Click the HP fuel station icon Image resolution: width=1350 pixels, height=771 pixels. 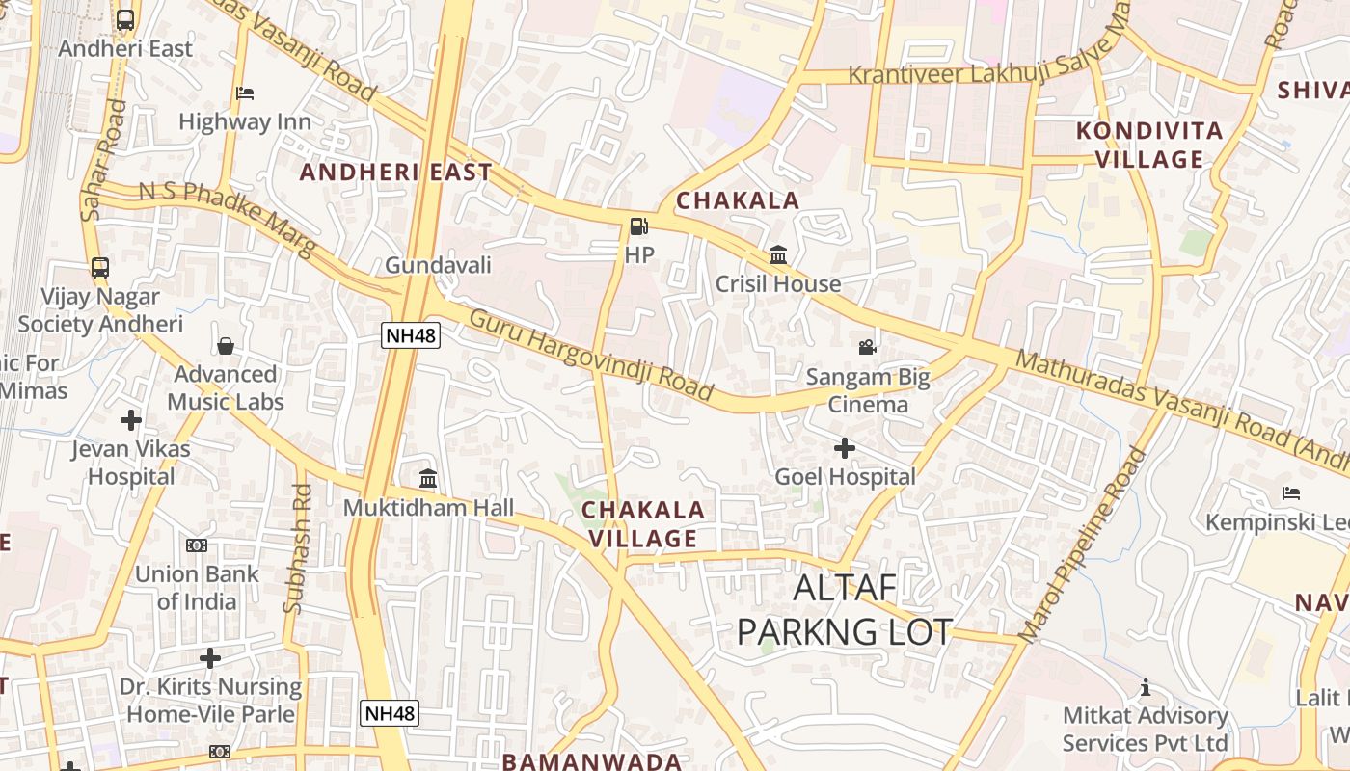638,227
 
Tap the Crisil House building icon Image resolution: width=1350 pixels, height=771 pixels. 777,255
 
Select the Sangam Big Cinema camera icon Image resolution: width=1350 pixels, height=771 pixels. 867,347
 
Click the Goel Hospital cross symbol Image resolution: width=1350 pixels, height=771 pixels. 845,448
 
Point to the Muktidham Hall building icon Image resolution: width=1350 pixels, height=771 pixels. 428,478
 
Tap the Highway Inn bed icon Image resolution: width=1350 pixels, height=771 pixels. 245,93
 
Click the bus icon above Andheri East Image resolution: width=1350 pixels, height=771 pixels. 125,19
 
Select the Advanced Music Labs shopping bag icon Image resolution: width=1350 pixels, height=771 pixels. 226,346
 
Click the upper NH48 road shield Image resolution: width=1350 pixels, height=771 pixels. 412,335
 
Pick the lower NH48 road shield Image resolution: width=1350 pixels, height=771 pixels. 390,713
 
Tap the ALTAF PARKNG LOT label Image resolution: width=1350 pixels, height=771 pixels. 845,609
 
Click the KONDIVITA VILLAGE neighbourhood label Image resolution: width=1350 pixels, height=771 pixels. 1149,145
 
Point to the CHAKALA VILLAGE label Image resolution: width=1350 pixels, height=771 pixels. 643,524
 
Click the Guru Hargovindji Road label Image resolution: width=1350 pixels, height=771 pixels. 591,355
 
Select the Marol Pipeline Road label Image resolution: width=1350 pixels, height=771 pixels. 1082,545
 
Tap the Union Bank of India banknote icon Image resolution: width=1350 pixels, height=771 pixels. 197,545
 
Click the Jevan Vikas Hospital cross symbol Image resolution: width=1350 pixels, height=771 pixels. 131,420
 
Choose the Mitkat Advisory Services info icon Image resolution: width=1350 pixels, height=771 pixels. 1146,687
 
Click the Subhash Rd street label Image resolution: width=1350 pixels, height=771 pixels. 298,549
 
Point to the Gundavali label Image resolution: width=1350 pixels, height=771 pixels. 438,265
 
